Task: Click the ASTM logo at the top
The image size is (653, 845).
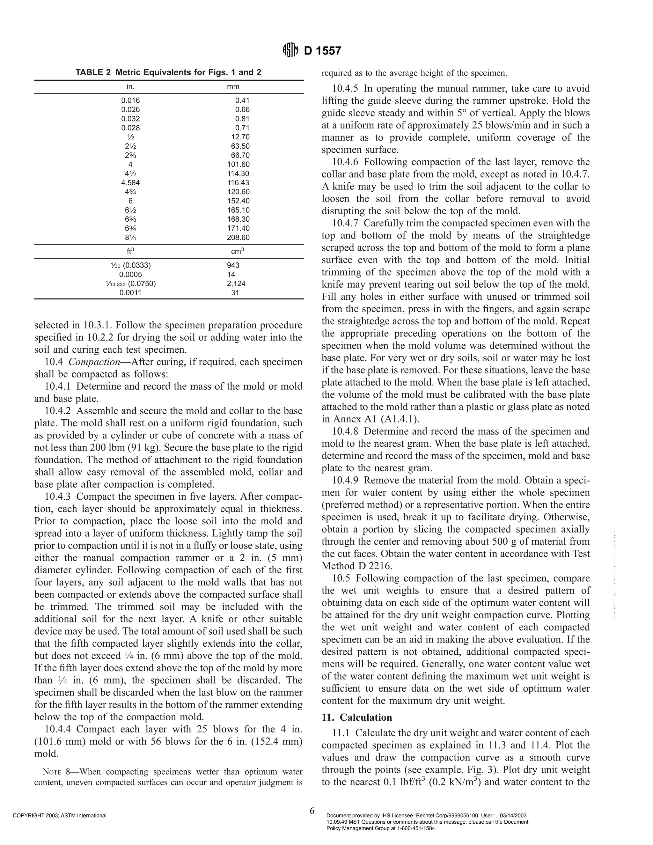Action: (290, 51)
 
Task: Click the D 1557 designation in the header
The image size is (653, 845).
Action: (322, 51)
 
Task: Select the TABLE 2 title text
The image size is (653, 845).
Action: (168, 72)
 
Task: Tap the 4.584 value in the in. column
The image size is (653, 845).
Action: (130, 183)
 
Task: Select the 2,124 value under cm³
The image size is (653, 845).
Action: (236, 283)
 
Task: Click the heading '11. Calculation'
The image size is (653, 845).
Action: (357, 717)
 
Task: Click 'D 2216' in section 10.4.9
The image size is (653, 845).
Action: (367, 566)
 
